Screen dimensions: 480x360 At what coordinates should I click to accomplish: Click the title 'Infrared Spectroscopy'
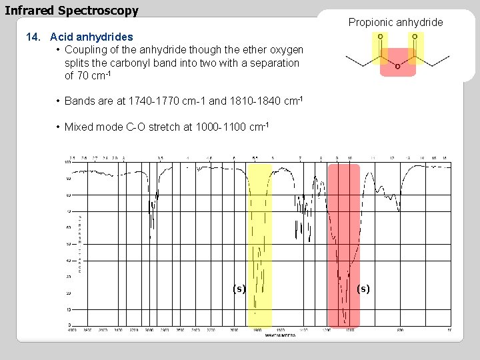72,11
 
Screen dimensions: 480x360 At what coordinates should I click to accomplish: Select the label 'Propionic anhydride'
395,23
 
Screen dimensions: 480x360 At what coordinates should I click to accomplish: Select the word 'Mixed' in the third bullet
79,127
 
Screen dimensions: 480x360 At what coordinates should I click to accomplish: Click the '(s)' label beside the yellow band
239,289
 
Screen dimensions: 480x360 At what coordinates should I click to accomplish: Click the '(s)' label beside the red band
363,289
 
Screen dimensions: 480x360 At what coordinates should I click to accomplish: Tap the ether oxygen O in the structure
397,66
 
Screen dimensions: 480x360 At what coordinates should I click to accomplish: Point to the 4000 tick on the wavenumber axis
71,330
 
